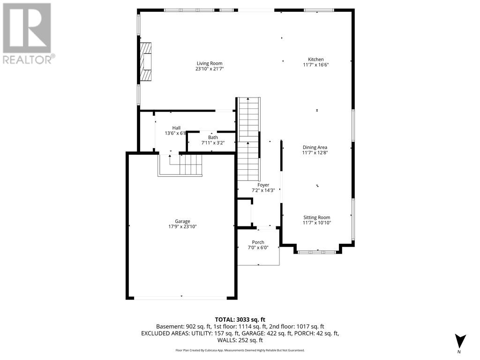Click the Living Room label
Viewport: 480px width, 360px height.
point(209,63)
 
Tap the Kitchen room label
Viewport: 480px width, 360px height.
point(315,60)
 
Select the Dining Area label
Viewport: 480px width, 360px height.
point(315,147)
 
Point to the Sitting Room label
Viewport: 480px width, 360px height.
point(317,217)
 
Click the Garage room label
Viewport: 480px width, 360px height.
point(182,221)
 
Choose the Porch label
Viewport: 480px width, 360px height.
point(258,242)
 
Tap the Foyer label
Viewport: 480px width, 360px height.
point(263,185)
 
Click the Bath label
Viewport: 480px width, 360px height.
point(210,137)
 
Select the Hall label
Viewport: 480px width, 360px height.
point(176,127)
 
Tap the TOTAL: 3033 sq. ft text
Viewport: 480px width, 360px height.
point(240,319)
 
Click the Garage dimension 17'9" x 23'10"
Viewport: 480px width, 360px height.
point(182,227)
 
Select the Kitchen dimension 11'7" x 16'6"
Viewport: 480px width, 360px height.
point(315,65)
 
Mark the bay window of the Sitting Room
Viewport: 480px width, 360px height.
point(317,252)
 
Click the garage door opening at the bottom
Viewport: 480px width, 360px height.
point(181,298)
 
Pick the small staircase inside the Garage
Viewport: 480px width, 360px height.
point(185,165)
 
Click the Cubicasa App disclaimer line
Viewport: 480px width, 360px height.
point(240,350)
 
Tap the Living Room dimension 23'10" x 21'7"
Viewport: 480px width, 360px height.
point(209,69)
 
